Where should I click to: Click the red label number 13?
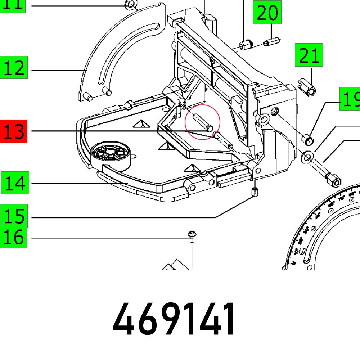pos(14,131)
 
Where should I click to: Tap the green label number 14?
pos(14,183)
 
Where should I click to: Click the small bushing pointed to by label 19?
pos(307,139)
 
